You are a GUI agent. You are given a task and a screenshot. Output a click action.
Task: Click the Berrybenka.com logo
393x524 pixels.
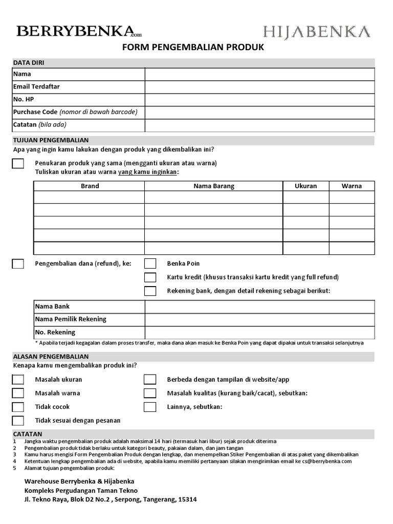pyautogui.click(x=79, y=31)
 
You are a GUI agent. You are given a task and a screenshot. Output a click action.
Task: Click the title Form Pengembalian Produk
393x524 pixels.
pyautogui.click(x=193, y=48)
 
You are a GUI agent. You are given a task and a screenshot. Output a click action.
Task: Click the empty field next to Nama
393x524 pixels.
pyautogui.click(x=259, y=74)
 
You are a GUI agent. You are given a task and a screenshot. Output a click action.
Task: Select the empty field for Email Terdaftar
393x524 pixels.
pyautogui.click(x=259, y=87)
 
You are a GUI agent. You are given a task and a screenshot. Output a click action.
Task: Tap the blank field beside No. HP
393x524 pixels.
pyautogui.click(x=259, y=99)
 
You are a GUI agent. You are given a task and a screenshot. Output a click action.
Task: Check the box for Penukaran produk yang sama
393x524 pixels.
pyautogui.click(x=18, y=163)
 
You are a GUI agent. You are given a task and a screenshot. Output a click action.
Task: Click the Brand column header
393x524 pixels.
pyautogui.click(x=90, y=186)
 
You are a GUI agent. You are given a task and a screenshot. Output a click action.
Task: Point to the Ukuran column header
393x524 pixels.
pyautogui.click(x=305, y=186)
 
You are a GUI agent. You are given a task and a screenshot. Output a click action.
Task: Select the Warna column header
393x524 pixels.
pyautogui.click(x=352, y=186)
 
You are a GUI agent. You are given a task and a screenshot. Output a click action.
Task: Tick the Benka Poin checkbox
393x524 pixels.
pyautogui.click(x=150, y=264)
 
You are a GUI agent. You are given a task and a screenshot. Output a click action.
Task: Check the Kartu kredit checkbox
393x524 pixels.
pyautogui.click(x=150, y=277)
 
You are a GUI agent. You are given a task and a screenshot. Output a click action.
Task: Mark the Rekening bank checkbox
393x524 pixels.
pyautogui.click(x=150, y=291)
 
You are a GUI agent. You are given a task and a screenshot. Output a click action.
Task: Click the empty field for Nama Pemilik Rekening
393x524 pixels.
pyautogui.click(x=259, y=319)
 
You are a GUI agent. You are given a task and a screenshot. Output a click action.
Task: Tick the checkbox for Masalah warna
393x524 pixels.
pyautogui.click(x=18, y=393)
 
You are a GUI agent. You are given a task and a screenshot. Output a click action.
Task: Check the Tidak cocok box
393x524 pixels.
pyautogui.click(x=18, y=407)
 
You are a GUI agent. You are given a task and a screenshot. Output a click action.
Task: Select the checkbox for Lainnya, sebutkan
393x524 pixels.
pyautogui.click(x=150, y=407)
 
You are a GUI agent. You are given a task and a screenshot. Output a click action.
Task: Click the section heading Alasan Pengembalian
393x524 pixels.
pyautogui.click(x=51, y=356)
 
